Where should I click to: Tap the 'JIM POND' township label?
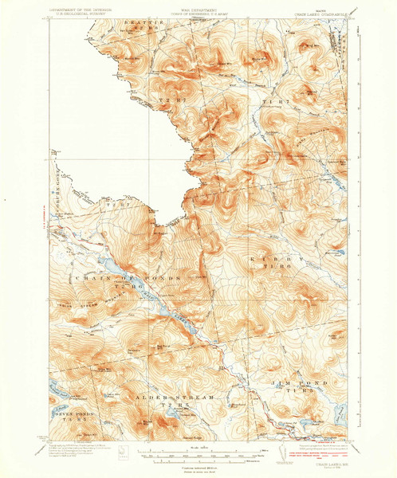click(309, 384)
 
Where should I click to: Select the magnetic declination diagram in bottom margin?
click(122, 453)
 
